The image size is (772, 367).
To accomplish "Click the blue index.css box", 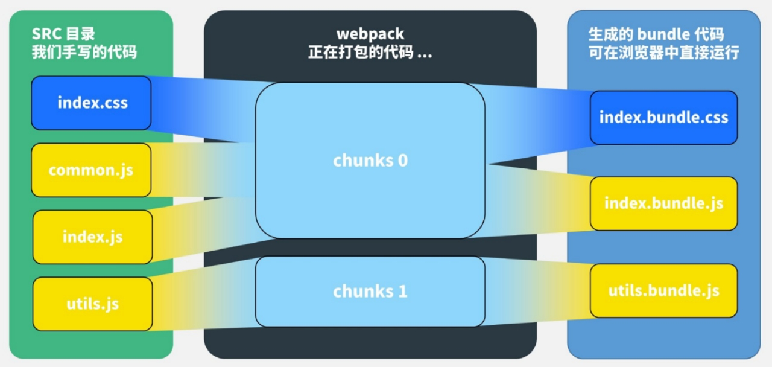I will coord(91,103).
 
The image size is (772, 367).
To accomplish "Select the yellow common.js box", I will coord(91,170).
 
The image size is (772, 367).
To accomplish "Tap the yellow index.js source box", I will coord(92,237).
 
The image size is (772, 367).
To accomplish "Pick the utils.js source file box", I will coord(92,304).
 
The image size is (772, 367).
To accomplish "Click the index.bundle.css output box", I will coord(663,117).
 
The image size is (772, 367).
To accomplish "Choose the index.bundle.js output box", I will coord(663,203).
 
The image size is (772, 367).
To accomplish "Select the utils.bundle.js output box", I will coord(663,290).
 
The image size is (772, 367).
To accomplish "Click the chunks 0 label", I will coord(370,161).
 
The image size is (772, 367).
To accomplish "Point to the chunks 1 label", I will coord(370,292).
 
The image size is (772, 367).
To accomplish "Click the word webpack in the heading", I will coord(370,34).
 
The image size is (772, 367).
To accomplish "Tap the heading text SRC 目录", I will coord(63,34).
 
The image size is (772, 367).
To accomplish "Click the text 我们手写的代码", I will coord(84,52).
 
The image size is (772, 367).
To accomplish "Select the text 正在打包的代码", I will coord(361,52).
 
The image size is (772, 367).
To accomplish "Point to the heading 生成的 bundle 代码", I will coord(656,34).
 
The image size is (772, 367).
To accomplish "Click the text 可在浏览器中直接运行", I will coord(663,52).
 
